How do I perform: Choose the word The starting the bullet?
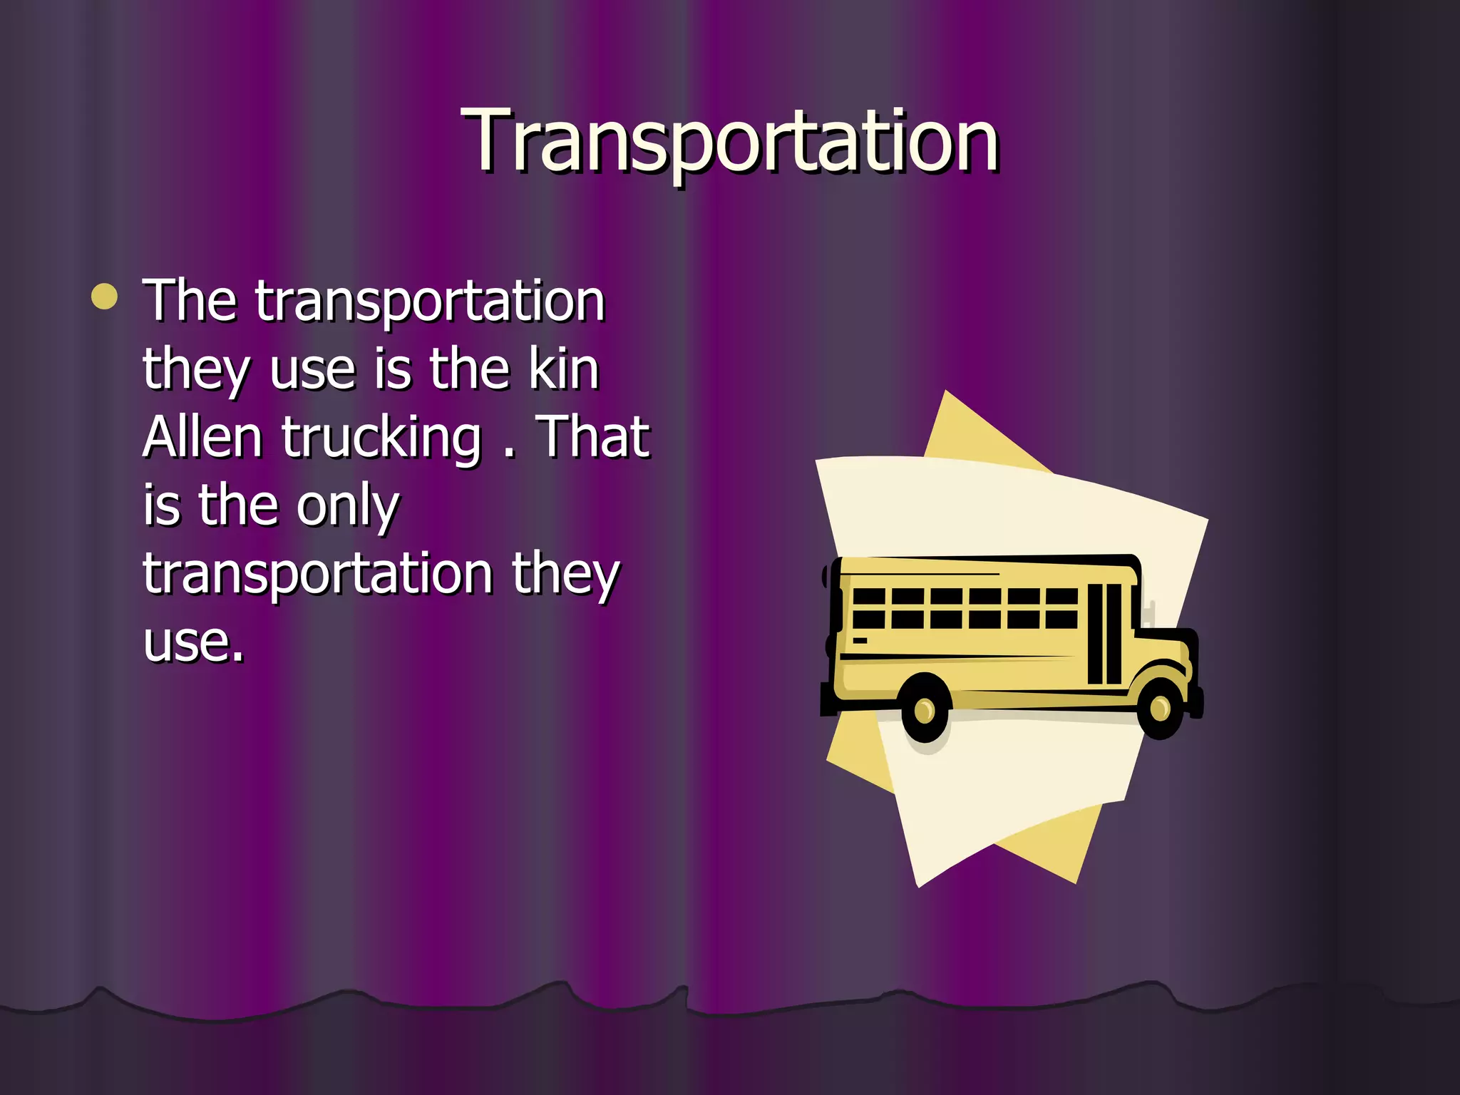(190, 300)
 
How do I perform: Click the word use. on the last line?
(193, 642)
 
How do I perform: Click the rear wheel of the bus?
(925, 709)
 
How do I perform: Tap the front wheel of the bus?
(1160, 708)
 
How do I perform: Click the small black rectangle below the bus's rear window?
(860, 641)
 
